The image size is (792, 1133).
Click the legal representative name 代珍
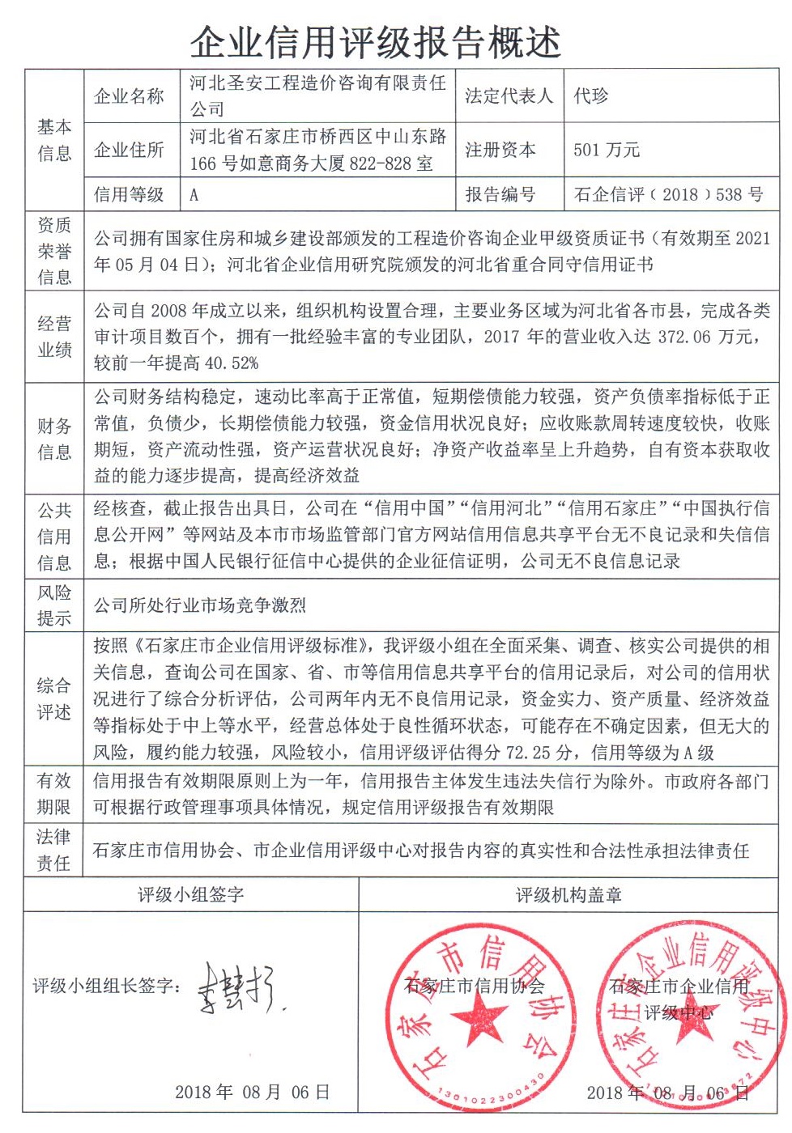point(590,96)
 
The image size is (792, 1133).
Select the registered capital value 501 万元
point(607,150)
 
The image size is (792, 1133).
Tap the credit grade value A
point(194,195)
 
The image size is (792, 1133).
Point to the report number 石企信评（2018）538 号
point(668,194)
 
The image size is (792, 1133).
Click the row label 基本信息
point(54,140)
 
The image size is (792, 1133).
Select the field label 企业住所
point(130,150)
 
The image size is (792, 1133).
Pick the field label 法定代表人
point(509,96)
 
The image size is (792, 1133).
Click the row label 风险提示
point(54,605)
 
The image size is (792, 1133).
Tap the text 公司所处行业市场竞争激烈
point(199,605)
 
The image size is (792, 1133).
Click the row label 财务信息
point(54,439)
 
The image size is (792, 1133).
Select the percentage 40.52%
point(232,363)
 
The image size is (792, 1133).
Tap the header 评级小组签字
point(191,894)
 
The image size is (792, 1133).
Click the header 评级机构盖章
point(568,894)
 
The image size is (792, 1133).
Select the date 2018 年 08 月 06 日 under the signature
point(253,1093)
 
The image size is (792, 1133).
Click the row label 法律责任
point(54,850)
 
